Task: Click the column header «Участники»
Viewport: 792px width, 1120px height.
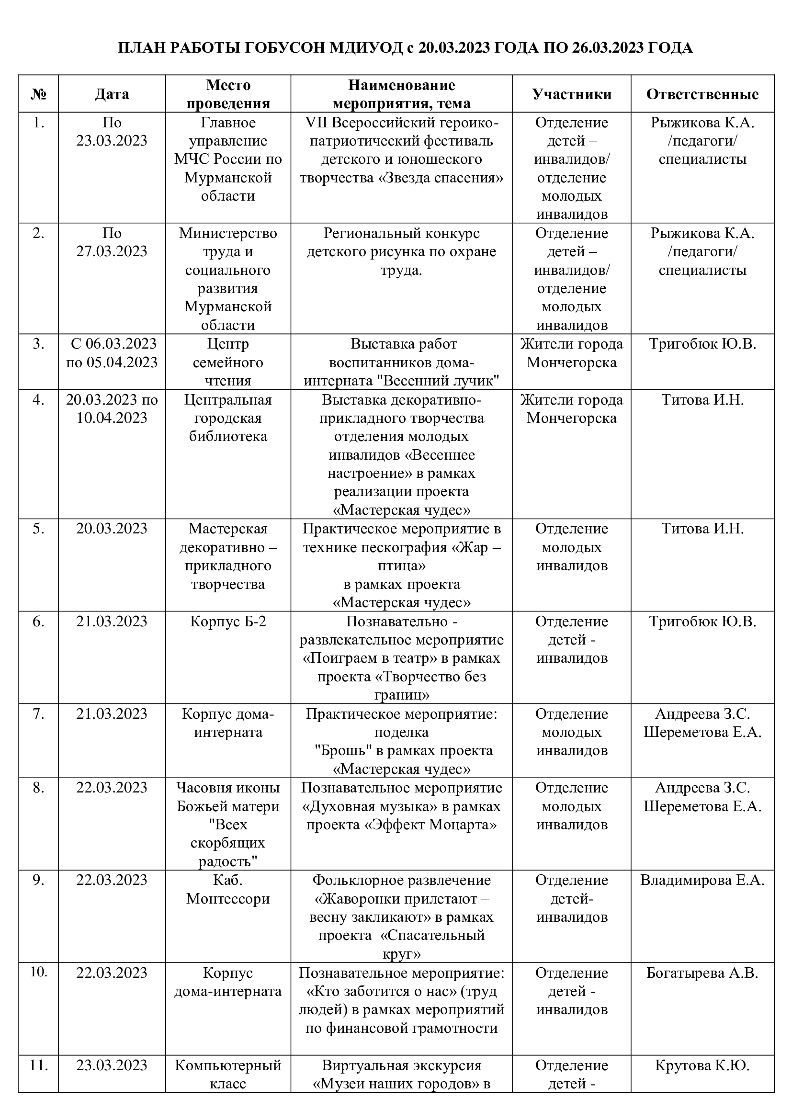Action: click(x=572, y=94)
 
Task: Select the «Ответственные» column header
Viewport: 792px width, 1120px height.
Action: click(x=702, y=94)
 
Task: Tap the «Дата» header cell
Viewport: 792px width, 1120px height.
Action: click(x=112, y=94)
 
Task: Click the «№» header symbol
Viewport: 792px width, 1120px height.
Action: click(x=38, y=94)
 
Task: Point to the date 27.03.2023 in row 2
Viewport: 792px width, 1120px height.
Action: click(x=112, y=251)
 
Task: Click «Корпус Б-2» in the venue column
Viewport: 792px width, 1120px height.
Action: click(x=228, y=622)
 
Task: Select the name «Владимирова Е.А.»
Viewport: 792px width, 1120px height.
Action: click(x=702, y=880)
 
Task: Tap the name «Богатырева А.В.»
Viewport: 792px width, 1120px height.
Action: click(x=702, y=973)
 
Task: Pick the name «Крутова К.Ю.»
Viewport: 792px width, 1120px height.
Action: click(x=702, y=1065)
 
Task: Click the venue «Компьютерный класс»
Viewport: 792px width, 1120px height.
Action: click(x=228, y=1075)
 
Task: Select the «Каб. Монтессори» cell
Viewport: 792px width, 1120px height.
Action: click(x=228, y=889)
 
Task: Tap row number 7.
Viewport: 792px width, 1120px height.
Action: click(x=38, y=714)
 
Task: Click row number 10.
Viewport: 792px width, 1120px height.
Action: click(x=38, y=972)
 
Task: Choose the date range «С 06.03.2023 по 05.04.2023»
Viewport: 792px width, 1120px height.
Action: click(x=112, y=353)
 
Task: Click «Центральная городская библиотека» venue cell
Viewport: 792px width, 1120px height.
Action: click(x=228, y=418)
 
